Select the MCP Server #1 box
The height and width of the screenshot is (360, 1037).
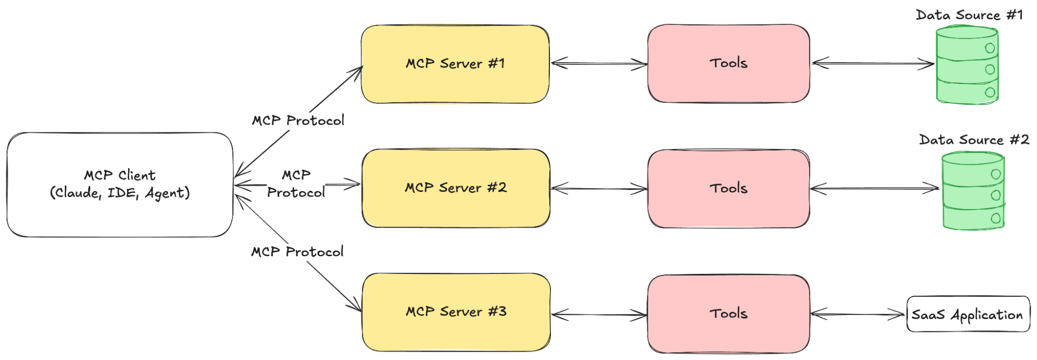(455, 64)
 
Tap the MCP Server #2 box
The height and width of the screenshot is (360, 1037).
(455, 188)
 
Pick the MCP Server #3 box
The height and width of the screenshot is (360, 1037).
(455, 312)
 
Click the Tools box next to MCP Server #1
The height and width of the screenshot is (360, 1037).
(728, 63)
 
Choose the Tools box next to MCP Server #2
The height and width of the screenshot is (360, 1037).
(728, 188)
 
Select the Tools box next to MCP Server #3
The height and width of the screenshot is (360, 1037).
(728, 313)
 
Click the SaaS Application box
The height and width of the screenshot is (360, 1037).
(967, 314)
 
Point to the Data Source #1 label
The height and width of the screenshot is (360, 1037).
(969, 15)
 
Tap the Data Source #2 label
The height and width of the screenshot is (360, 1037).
(974, 140)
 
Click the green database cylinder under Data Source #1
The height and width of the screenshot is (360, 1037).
(967, 65)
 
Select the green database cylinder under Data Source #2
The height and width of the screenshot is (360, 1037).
(973, 190)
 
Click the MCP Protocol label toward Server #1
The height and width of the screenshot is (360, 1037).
(298, 120)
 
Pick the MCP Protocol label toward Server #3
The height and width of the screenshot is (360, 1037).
(297, 252)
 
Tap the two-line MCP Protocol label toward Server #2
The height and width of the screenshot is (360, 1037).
(296, 184)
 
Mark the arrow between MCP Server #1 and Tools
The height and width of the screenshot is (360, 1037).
(599, 64)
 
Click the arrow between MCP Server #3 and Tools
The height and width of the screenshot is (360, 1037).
(599, 314)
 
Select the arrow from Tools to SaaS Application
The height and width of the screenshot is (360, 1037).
(857, 314)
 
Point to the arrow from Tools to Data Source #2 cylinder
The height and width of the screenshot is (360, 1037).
(874, 188)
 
